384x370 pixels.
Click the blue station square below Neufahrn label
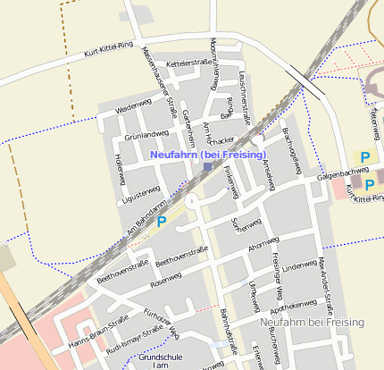pos(207,166)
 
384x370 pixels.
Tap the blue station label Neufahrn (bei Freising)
pos(209,155)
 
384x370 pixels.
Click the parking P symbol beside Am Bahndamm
pos(162,221)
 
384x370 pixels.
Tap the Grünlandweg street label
pos(146,134)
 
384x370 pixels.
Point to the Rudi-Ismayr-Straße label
pos(134,339)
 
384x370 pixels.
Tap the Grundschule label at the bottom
pos(160,357)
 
